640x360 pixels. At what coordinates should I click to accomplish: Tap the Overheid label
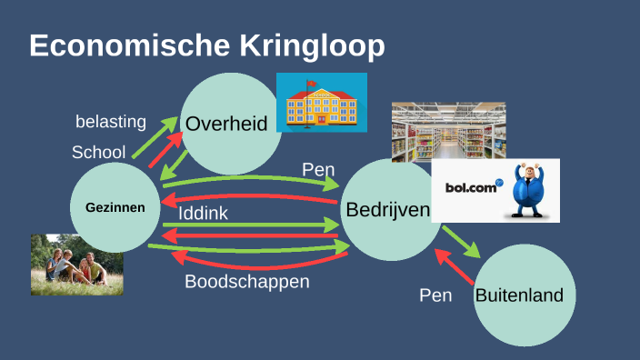226,124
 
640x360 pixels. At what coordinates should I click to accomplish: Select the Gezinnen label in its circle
115,207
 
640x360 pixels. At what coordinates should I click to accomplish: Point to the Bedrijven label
387,211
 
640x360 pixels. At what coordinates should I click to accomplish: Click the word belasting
111,121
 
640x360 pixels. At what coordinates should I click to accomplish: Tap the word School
98,153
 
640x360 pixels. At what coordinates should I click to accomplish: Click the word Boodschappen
246,282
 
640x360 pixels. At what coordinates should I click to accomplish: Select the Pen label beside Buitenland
435,295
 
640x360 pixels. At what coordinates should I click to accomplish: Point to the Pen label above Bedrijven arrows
318,170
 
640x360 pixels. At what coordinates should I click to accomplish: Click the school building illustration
321,104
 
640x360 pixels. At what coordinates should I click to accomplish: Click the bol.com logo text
468,188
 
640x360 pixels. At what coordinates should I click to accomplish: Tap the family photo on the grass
76,265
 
